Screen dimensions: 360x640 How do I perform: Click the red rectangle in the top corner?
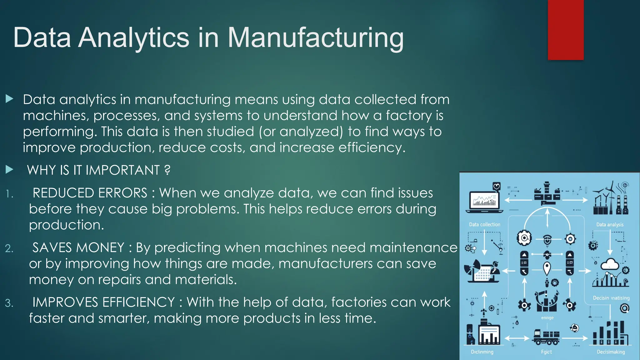tap(566, 30)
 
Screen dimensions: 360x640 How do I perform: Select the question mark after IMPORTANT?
tap(167, 170)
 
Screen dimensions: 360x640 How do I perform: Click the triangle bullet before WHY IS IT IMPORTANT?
tap(10, 170)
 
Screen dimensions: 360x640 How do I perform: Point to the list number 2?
tap(9, 248)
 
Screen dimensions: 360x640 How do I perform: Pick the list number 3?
tap(9, 303)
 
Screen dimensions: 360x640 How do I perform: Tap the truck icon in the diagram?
tap(546, 337)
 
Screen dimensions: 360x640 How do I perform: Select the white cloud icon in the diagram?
tap(610, 264)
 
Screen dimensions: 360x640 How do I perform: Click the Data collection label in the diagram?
tap(484, 224)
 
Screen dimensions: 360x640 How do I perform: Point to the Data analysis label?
tap(610, 224)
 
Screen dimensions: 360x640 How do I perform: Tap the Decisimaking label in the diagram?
tap(611, 352)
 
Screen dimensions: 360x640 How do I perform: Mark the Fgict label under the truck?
tap(546, 352)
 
